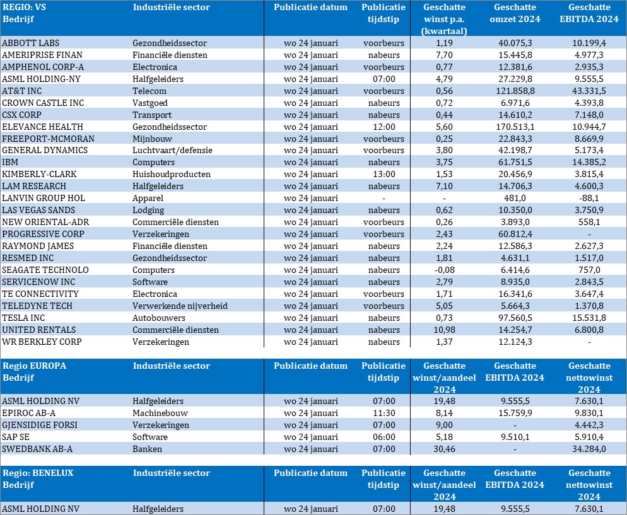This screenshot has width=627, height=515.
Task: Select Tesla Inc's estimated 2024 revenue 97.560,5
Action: click(515, 318)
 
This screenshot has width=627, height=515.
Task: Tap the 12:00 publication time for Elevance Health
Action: click(384, 127)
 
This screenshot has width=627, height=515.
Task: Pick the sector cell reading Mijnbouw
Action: click(152, 139)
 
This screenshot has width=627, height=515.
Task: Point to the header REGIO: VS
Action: click(25, 8)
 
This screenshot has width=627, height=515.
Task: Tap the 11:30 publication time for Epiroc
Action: click(384, 413)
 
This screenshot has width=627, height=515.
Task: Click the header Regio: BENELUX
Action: click(38, 473)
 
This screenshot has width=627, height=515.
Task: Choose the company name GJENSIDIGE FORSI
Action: click(40, 425)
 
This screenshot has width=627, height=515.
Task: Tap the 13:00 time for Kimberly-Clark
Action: click(384, 175)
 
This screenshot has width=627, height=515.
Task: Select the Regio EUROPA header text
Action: click(35, 366)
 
